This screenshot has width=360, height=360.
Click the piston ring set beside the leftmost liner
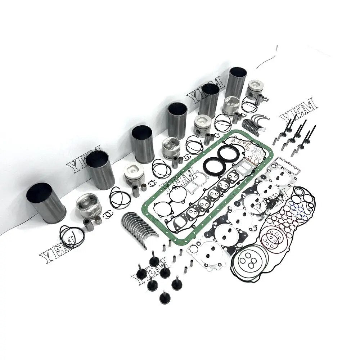coord(72,236)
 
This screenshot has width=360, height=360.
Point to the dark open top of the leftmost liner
coord(39,192)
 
